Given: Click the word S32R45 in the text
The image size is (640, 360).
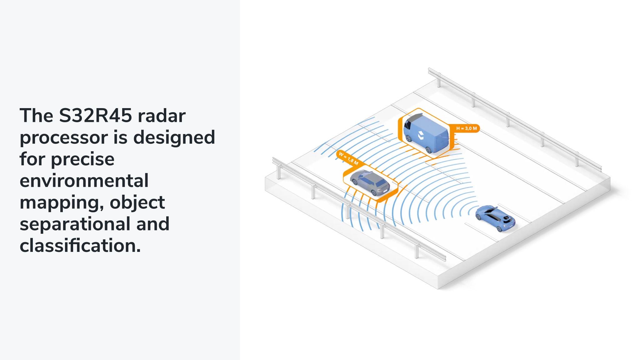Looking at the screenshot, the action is [96, 116].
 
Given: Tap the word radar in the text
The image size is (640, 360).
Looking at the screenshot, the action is [162, 116].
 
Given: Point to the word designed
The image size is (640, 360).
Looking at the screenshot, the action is [174, 137].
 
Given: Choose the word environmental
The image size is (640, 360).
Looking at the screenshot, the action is [84, 181].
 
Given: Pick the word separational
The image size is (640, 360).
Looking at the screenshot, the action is [75, 224].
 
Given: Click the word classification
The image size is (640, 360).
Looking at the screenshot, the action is [80, 245].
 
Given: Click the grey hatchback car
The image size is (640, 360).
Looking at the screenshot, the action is [370, 183].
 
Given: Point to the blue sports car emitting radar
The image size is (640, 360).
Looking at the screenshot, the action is [495, 218].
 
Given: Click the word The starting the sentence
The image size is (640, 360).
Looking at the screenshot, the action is [37, 116].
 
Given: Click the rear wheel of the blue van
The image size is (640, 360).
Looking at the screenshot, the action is [429, 150].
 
